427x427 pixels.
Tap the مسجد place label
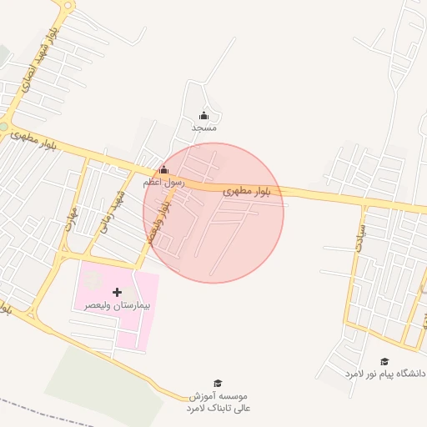pyautogui.click(x=204, y=128)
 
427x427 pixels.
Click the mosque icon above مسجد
pyautogui.click(x=204, y=116)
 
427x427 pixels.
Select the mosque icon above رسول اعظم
pyautogui.click(x=163, y=170)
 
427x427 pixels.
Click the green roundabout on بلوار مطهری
pyautogui.click(x=3, y=127)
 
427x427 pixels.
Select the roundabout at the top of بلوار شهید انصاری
pyautogui.click(x=67, y=4)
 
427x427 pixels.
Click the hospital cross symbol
pyautogui.click(x=117, y=292)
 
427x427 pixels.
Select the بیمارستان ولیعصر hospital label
pyautogui.click(x=118, y=306)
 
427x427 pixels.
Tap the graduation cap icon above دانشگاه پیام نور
pyautogui.click(x=384, y=361)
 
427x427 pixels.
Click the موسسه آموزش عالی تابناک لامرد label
pyautogui.click(x=219, y=401)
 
